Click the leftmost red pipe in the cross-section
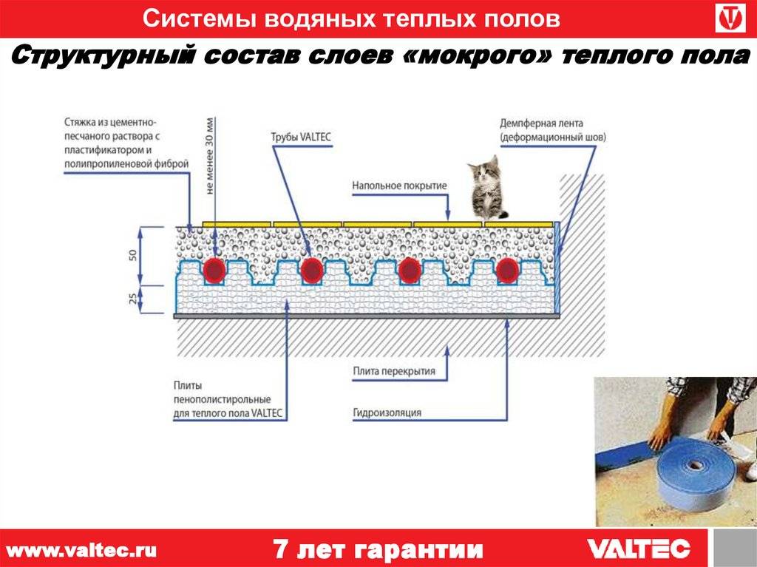(214, 271)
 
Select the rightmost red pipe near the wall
(507, 271)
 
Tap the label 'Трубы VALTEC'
(301, 137)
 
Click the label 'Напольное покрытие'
(399, 186)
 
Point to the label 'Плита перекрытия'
(394, 371)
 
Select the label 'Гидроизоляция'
(387, 412)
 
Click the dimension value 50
(133, 254)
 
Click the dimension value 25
(133, 299)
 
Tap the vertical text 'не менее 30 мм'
(209, 156)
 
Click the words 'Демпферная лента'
(541, 123)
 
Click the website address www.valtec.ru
(81, 550)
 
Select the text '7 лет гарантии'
(378, 549)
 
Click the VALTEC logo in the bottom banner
(638, 549)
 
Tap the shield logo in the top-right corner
(730, 18)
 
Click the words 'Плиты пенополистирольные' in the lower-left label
(222, 393)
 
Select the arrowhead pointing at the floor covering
(447, 216)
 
